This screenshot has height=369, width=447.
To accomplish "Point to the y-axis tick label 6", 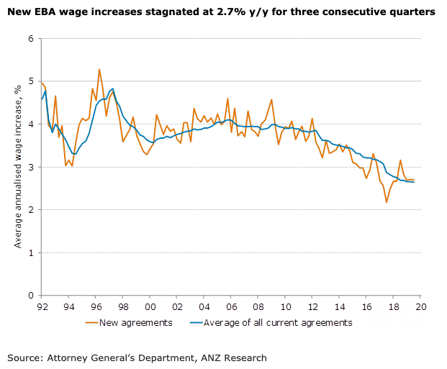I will pos(32,38).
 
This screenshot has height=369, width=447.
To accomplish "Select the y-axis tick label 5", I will pos(32,81).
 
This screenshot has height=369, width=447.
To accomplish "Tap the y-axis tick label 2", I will pos(32,210).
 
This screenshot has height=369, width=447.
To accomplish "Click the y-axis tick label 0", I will pos(32,296).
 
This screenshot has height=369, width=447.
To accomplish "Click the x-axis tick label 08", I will pos(258,305).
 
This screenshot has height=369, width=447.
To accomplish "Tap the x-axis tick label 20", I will pos(420,305).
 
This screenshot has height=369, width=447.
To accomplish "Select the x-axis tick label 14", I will pos(339,305).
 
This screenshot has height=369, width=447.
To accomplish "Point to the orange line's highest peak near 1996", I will pos(99,69).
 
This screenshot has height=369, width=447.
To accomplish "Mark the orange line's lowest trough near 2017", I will pos(387,202).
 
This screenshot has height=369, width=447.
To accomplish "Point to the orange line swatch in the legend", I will pos(87,322).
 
